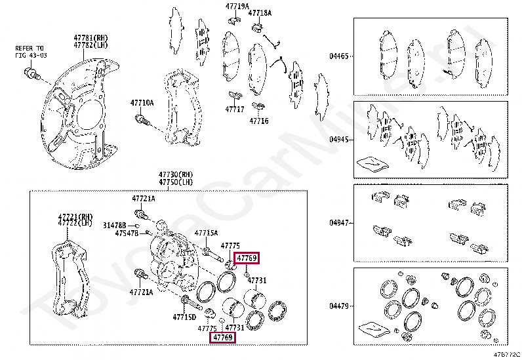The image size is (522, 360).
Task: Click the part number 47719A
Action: click(x=237, y=7)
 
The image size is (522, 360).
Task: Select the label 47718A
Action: click(x=259, y=13)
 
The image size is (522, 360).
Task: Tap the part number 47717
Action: click(x=235, y=110)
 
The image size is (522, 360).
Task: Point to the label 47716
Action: click(x=259, y=121)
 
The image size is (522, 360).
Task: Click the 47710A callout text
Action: click(x=142, y=103)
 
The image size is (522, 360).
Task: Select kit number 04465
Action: click(x=339, y=56)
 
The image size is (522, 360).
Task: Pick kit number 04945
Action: click(x=339, y=139)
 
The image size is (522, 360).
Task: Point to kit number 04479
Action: click(x=339, y=306)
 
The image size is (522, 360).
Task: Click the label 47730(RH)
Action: click(x=172, y=174)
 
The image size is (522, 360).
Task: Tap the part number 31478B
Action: click(x=114, y=225)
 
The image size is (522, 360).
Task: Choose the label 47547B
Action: click(x=127, y=233)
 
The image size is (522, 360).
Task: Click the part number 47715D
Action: click(x=184, y=317)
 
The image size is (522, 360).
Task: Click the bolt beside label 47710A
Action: click(x=141, y=120)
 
